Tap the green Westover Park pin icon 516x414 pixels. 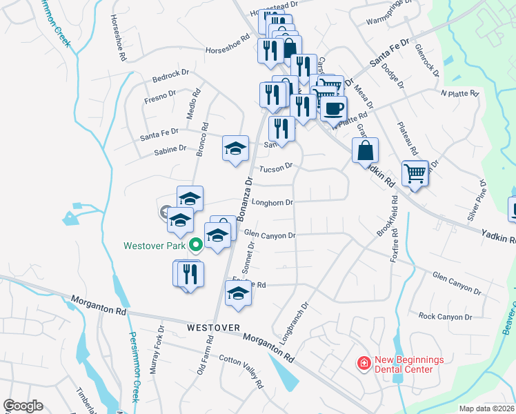196,244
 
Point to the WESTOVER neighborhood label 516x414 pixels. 213,327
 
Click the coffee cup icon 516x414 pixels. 334,108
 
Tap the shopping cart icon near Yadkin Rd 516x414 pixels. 415,172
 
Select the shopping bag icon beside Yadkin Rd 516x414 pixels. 366,150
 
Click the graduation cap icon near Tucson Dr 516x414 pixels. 235,147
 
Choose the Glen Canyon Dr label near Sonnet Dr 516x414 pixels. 269,235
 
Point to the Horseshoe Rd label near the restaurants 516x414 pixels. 226,50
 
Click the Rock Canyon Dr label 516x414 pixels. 445,317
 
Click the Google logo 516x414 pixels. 23,406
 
